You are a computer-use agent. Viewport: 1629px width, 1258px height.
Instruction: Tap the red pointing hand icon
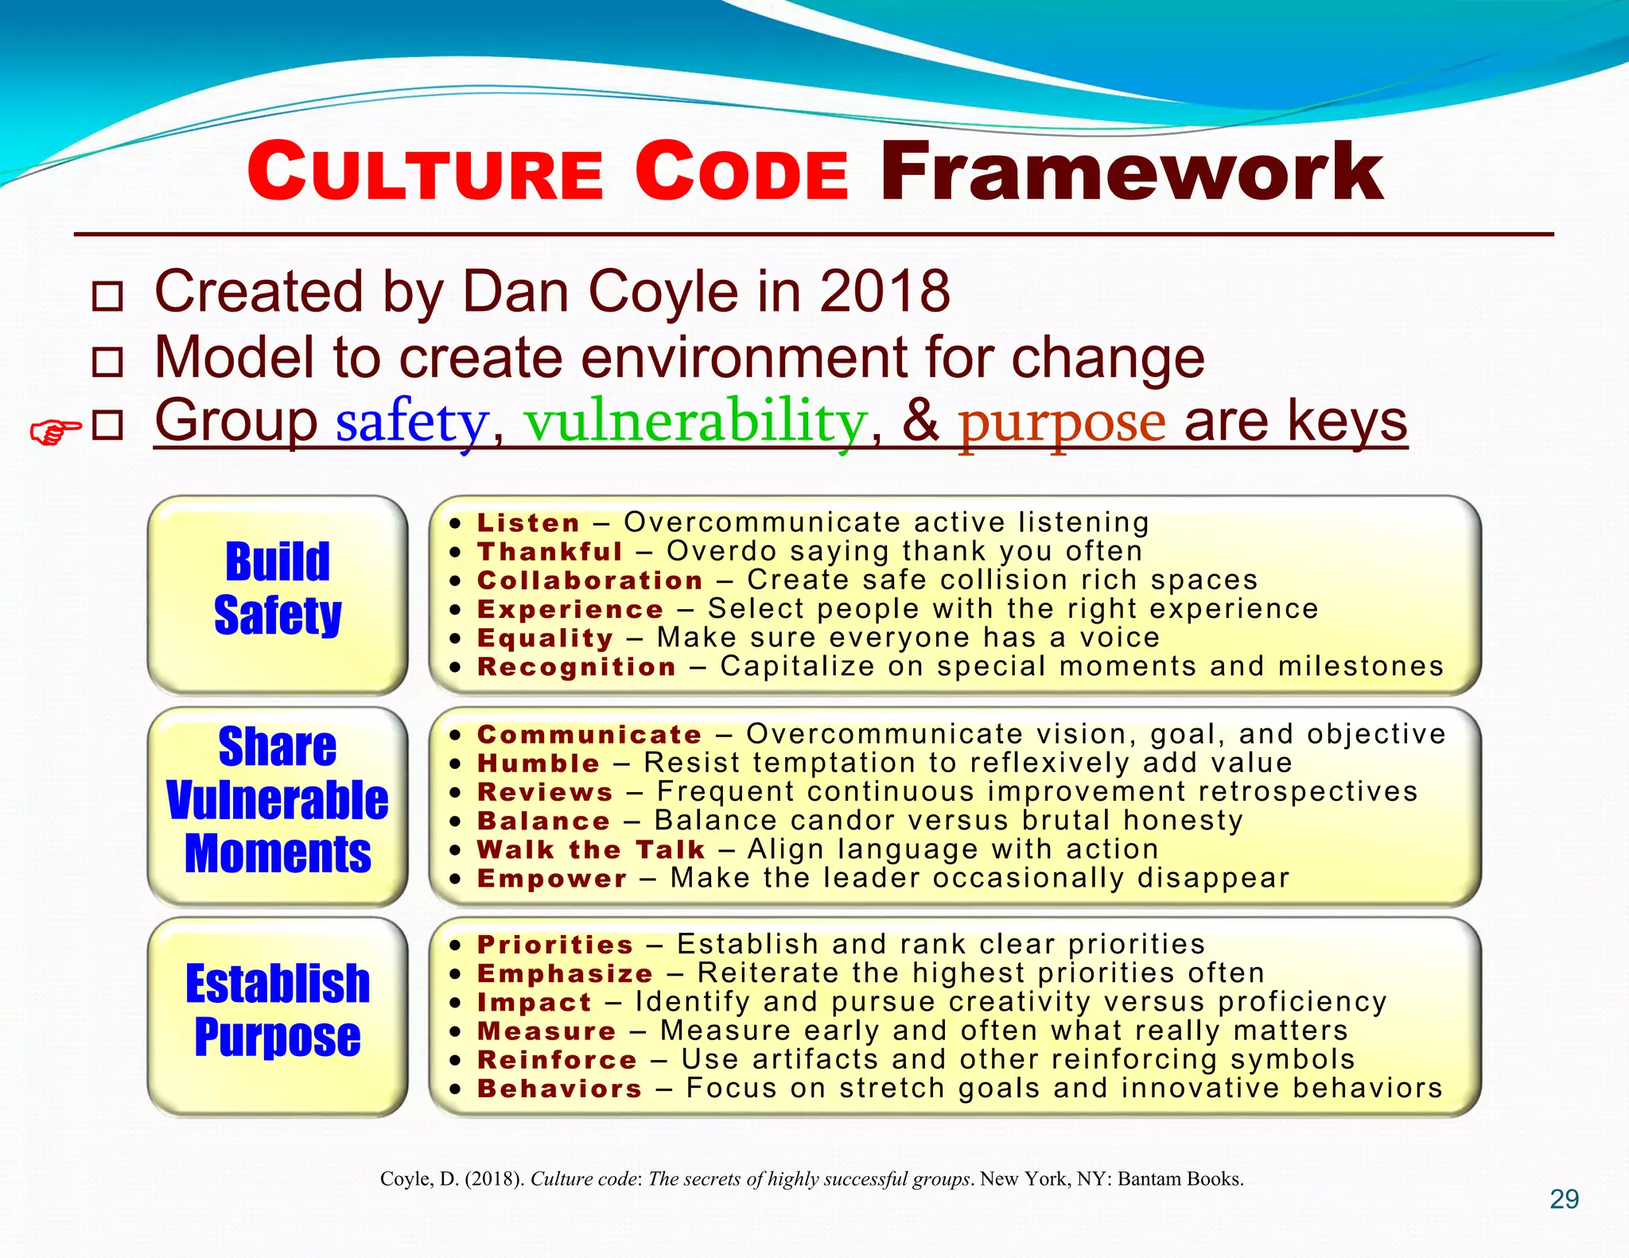[x=55, y=432]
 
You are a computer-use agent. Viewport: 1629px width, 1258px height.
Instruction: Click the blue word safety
[x=411, y=422]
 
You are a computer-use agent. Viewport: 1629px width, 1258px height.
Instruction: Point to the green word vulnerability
[x=694, y=422]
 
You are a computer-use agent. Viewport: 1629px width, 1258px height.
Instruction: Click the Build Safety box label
[x=278, y=588]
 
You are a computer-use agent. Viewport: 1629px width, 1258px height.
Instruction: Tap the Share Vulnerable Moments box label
[x=278, y=800]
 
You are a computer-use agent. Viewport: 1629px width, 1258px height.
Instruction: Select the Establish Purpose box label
[x=278, y=1010]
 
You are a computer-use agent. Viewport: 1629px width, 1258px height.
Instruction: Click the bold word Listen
[x=528, y=523]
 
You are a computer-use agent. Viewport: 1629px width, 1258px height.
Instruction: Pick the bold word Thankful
[x=550, y=552]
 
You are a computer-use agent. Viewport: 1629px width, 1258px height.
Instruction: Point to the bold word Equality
[x=545, y=639]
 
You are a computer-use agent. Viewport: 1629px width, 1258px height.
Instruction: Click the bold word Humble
[x=538, y=763]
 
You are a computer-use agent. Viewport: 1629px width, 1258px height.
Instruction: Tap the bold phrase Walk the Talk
[x=591, y=850]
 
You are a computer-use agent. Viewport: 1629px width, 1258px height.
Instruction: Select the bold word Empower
[x=552, y=879]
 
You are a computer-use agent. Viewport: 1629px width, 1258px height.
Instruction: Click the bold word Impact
[x=535, y=1003]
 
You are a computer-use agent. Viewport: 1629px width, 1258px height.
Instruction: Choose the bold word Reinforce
[x=557, y=1060]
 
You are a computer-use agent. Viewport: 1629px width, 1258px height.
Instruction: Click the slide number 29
[x=1564, y=1199]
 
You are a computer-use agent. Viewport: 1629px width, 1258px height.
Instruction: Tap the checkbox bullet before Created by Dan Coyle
[x=107, y=297]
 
